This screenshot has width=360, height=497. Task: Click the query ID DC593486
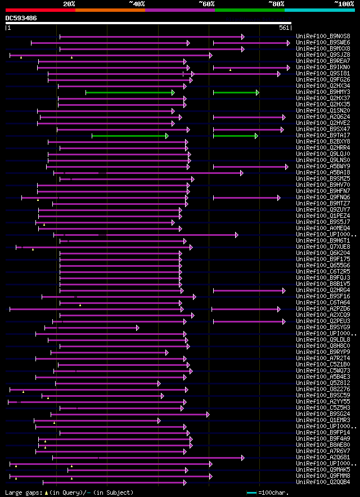[21, 18]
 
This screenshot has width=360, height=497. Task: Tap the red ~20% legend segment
[40, 10]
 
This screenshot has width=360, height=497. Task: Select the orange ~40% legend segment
[110, 10]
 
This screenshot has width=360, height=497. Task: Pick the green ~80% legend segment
[249, 10]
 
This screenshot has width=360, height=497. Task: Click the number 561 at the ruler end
[283, 28]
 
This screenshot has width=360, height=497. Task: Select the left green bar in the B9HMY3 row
[130, 92]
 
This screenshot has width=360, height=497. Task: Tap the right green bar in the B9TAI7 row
[235, 136]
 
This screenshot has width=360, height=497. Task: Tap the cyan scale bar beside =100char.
[251, 493]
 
